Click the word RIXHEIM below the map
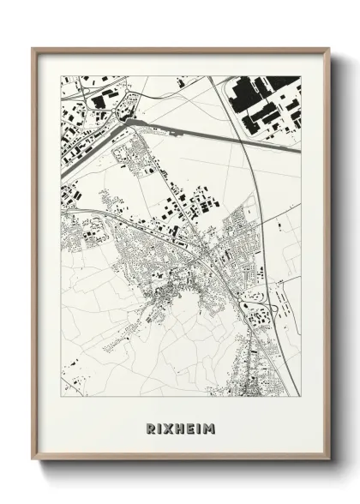point(180,427)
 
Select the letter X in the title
point(167,427)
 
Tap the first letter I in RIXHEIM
point(158,427)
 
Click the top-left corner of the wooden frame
point(33,49)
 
